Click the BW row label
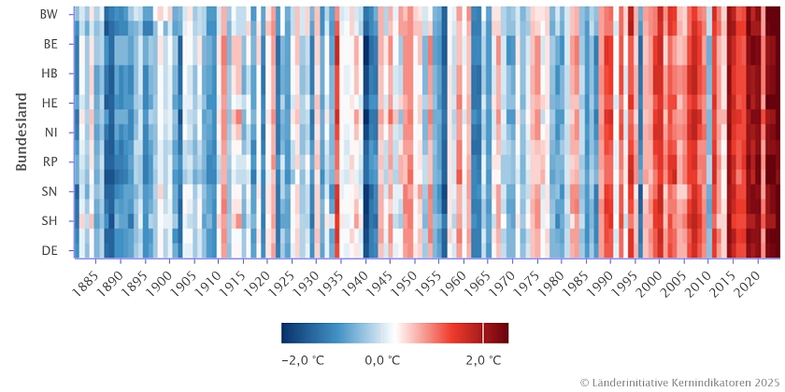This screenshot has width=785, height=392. click(x=50, y=14)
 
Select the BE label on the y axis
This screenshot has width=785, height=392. click(x=50, y=43)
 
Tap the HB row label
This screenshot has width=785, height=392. click(x=50, y=73)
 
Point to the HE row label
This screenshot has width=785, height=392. click(x=50, y=103)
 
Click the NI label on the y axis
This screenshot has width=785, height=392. click(x=50, y=133)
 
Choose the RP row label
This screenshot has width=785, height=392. click(x=50, y=161)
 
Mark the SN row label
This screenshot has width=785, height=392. click(x=50, y=191)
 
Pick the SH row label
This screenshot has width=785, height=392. click(x=50, y=221)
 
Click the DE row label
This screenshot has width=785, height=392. click(x=50, y=250)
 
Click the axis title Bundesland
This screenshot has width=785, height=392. click(x=21, y=132)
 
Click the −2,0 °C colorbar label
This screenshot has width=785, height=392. click(x=303, y=360)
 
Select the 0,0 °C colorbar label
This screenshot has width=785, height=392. click(x=382, y=360)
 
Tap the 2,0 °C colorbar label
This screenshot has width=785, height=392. click(x=482, y=360)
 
